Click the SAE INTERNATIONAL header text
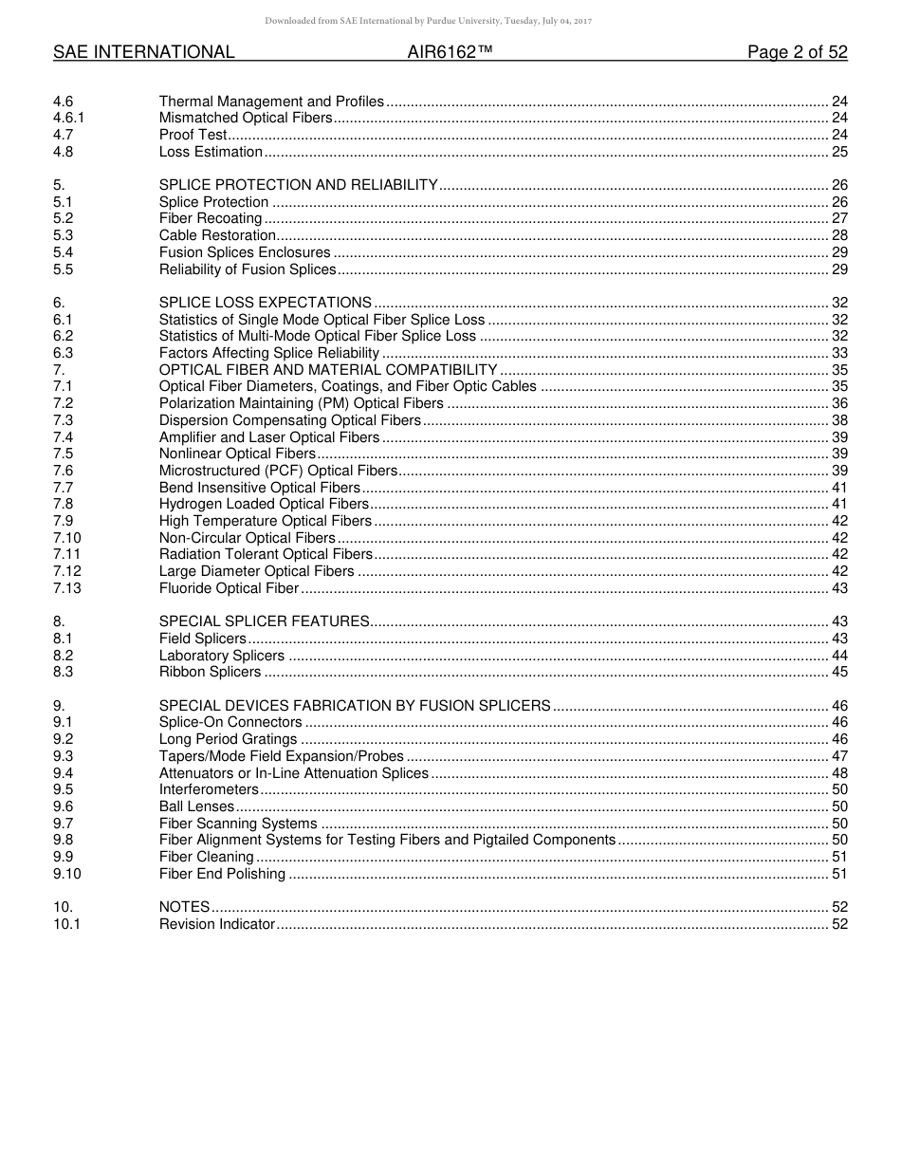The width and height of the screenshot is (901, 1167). [143, 52]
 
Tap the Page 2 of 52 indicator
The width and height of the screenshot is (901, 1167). [797, 52]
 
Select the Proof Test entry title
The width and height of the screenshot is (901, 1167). [193, 135]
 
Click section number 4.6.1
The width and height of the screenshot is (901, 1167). [69, 118]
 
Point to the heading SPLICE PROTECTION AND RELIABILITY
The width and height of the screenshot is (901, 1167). [298, 185]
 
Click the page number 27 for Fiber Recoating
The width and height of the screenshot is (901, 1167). [838, 219]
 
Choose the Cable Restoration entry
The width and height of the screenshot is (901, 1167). [217, 235]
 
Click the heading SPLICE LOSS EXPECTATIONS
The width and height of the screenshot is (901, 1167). [265, 303]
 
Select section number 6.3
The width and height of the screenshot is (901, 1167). [64, 353]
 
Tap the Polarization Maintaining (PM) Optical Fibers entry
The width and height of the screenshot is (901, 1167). [301, 403]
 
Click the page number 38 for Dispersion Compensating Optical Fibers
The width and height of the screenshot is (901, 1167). [838, 420]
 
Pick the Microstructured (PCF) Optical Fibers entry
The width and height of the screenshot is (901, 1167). [278, 471]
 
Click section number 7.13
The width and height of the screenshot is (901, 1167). [67, 588]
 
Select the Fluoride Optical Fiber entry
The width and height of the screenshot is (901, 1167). [229, 588]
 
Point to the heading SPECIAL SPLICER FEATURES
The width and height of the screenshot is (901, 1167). [264, 621]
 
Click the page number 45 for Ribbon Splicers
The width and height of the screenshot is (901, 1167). [838, 672]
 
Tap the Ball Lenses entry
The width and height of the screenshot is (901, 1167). [196, 806]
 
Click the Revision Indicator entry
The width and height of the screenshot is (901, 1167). [216, 924]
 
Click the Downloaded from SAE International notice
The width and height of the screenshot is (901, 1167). [428, 21]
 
